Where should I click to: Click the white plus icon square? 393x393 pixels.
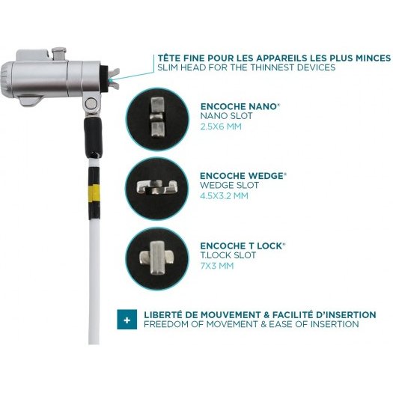(x=127, y=319)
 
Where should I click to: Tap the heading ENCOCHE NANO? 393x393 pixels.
(x=240, y=106)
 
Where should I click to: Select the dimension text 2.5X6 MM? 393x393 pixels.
(x=221, y=127)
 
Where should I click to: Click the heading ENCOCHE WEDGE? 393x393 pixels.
(x=243, y=176)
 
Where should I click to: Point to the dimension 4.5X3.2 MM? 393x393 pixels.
(x=224, y=195)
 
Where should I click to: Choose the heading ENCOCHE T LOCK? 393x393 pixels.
(x=243, y=246)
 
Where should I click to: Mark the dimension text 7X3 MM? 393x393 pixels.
(x=217, y=266)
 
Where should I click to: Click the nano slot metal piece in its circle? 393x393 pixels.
(x=158, y=118)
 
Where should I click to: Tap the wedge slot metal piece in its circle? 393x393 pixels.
(x=157, y=187)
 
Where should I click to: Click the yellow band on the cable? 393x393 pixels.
(x=94, y=192)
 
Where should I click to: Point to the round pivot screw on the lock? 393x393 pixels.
(x=90, y=103)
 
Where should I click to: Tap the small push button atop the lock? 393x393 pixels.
(x=58, y=54)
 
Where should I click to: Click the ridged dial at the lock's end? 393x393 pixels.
(x=5, y=79)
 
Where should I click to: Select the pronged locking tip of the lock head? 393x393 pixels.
(x=114, y=79)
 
